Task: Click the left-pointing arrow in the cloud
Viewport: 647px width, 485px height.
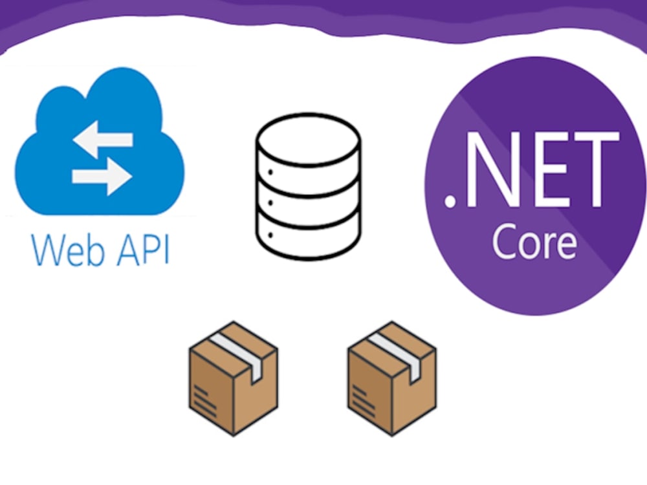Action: [x=102, y=140]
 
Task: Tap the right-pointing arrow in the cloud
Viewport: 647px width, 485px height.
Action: [x=102, y=177]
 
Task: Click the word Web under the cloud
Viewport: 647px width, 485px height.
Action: [x=68, y=250]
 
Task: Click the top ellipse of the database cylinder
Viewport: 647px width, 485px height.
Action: [x=308, y=140]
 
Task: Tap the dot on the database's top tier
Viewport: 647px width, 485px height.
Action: [x=270, y=171]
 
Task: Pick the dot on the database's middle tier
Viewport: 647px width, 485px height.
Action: [x=270, y=203]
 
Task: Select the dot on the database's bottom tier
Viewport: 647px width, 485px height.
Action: [x=270, y=235]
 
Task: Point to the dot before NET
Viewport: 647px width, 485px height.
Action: [x=450, y=201]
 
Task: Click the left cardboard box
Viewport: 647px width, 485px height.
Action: [x=233, y=378]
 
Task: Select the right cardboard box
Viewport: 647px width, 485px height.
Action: [x=391, y=378]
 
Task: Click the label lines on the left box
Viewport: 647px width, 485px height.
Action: [x=204, y=400]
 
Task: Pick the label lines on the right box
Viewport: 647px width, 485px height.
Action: [x=363, y=400]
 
